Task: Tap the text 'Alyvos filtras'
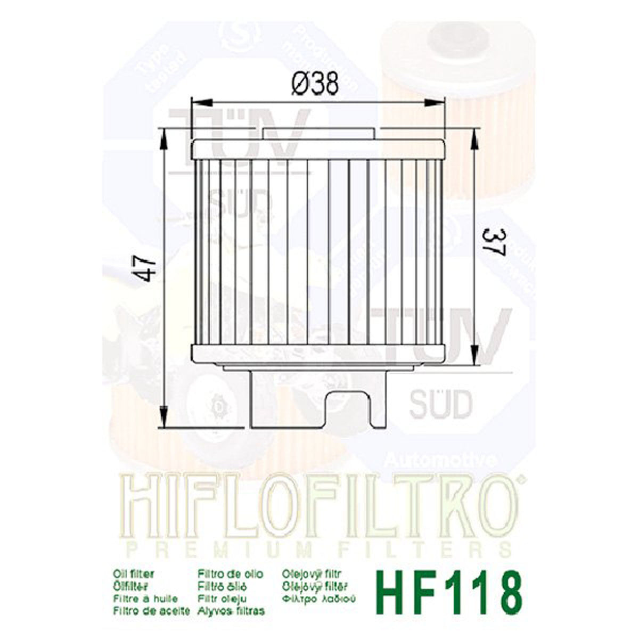(230, 610)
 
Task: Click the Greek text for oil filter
(317, 599)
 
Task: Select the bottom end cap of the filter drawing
(318, 353)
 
